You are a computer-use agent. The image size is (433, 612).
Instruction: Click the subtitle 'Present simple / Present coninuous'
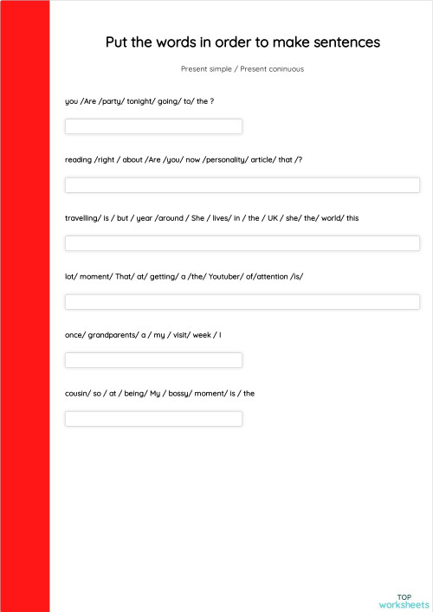(242, 68)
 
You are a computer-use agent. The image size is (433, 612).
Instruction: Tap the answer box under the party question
(153, 126)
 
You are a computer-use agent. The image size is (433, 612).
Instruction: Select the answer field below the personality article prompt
(242, 185)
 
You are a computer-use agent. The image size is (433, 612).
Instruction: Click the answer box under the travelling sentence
(242, 243)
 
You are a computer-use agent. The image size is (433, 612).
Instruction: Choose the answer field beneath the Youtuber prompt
(242, 302)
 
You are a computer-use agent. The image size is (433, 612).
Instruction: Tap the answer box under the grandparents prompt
(153, 360)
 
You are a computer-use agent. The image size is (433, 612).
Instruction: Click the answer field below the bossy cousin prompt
(153, 419)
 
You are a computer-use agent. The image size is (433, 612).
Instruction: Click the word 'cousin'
(77, 393)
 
